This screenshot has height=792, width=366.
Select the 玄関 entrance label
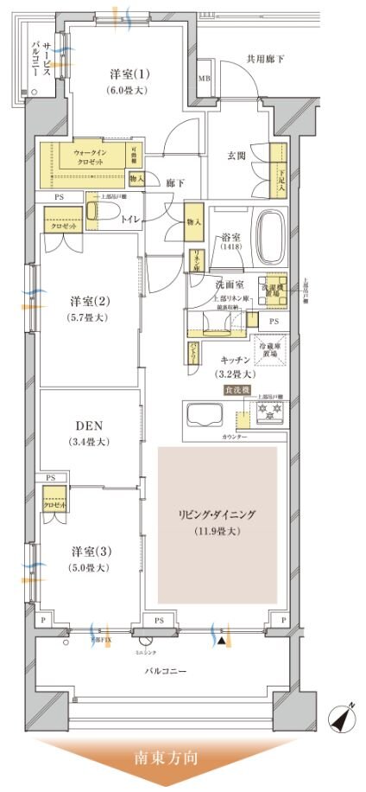tap(237, 156)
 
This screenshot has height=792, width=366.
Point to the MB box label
tap(205, 79)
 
